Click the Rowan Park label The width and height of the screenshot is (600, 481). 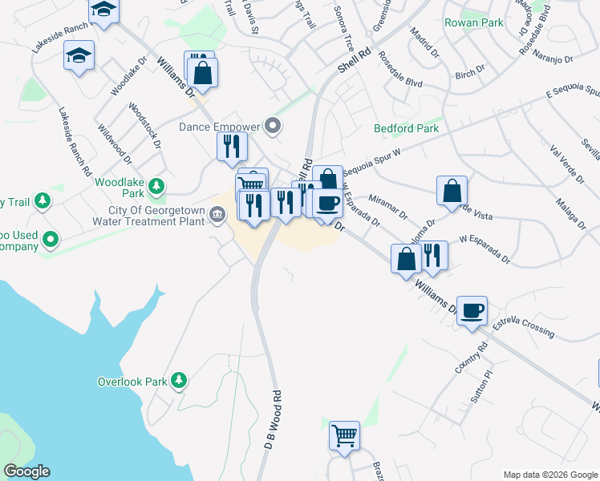pyautogui.click(x=474, y=23)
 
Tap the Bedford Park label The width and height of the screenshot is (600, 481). pyautogui.click(x=406, y=128)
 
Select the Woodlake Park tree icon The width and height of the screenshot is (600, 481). pyautogui.click(x=157, y=187)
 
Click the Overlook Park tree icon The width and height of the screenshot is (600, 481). pyautogui.click(x=180, y=381)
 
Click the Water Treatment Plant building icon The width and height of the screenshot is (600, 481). pyautogui.click(x=217, y=215)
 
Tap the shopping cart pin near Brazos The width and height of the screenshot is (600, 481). pyautogui.click(x=344, y=436)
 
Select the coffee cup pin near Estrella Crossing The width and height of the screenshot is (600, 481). pyautogui.click(x=472, y=309)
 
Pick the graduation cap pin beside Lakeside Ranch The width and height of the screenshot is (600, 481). pyautogui.click(x=78, y=56)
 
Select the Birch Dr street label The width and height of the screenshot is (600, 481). pyautogui.click(x=464, y=75)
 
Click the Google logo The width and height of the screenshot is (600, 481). pyautogui.click(x=26, y=471)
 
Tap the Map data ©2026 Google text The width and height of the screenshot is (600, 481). pyautogui.click(x=549, y=475)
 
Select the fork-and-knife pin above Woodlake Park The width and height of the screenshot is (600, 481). pyautogui.click(x=231, y=146)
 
